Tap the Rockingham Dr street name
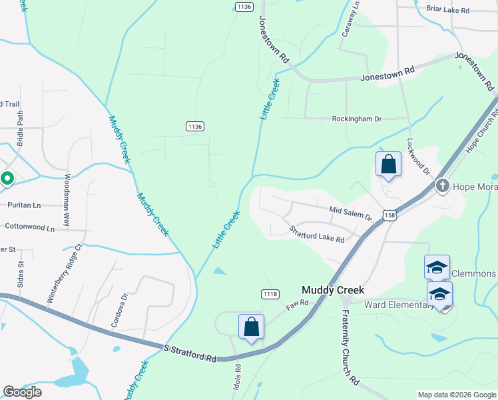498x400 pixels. (357, 119)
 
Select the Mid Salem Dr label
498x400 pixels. (350, 213)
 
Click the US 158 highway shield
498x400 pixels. (389, 215)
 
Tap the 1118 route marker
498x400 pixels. (270, 294)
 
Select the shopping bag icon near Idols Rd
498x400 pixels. (251, 327)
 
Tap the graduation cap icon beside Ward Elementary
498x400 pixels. (439, 295)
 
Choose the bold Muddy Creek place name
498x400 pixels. (332, 290)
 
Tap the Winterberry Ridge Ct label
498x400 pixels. (64, 273)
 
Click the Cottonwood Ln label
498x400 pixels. (29, 227)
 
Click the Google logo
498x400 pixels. (22, 392)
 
